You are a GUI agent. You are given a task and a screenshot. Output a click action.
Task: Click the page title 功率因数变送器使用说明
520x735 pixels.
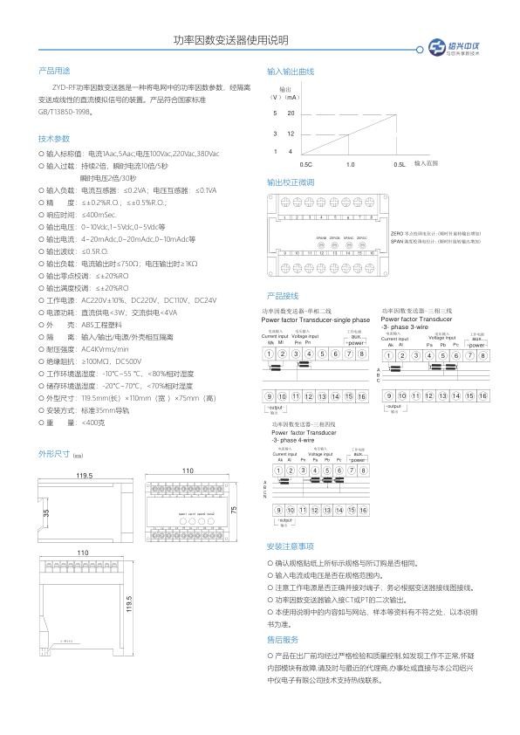pyautogui.click(x=230, y=41)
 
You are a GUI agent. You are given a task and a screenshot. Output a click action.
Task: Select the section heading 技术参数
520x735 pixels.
pyautogui.click(x=53, y=139)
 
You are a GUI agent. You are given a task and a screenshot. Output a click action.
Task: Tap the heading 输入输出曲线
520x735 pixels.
pyautogui.click(x=290, y=71)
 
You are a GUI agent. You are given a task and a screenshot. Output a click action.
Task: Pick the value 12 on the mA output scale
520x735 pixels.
pyautogui.click(x=291, y=134)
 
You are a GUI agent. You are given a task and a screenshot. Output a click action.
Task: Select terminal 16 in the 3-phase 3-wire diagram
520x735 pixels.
pyautogui.click(x=483, y=395)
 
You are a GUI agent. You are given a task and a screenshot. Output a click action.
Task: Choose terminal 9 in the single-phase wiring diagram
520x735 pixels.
pyautogui.click(x=270, y=396)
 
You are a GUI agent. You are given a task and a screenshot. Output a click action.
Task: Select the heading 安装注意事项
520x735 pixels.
pyautogui.click(x=290, y=546)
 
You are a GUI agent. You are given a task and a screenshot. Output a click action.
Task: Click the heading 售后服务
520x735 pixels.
pyautogui.click(x=283, y=639)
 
